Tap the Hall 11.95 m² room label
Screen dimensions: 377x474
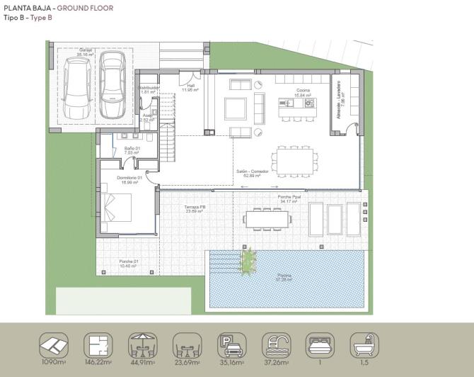tap(190, 88)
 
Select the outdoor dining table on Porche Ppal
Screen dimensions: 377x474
tap(267, 218)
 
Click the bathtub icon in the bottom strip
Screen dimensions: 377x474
tap(365, 345)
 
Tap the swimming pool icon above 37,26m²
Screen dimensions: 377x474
tap(275, 345)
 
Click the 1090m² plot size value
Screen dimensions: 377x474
tap(53, 363)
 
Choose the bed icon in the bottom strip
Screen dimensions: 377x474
tap(320, 345)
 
